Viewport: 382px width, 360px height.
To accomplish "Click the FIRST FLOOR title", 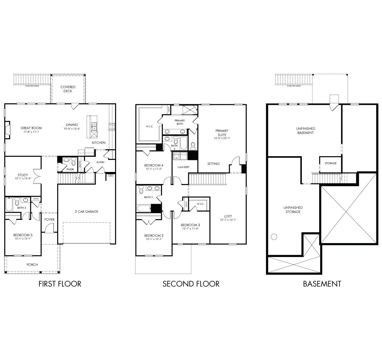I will pos(60,284).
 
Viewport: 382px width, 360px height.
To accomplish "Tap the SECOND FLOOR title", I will pos(191,284).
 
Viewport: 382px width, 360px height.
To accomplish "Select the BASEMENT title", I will pos(322,284).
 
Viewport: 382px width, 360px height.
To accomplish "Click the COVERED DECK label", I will pos(68,89).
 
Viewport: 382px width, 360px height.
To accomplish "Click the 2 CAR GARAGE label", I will pos(86,212).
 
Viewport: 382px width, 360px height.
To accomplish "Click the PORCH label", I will pos(32,264).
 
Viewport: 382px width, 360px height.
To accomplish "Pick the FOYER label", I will pos(50,220).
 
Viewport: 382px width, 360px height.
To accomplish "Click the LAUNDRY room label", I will pos(184,167).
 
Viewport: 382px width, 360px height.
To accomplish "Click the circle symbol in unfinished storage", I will pos(274,237).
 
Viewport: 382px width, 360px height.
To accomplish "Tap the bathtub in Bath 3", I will pos(9,204).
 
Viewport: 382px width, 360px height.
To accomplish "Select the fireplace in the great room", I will pos(8,129).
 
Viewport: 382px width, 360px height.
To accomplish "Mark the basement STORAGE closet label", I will pos(330,163).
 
